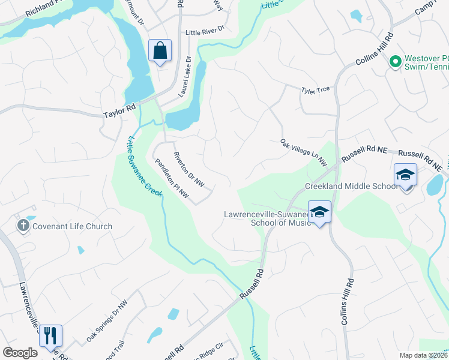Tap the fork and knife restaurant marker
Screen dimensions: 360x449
pos(50,336)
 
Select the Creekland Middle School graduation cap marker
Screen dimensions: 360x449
pos(405,175)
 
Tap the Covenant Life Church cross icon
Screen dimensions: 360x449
pos(23,226)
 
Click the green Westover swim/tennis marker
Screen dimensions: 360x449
pos(395,61)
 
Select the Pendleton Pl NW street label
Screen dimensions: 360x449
pos(172,179)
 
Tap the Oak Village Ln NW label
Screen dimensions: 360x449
pos(303,152)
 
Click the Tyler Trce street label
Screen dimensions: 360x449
pos(316,90)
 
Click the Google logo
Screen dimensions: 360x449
pos(20,353)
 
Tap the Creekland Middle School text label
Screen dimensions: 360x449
pos(351,186)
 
